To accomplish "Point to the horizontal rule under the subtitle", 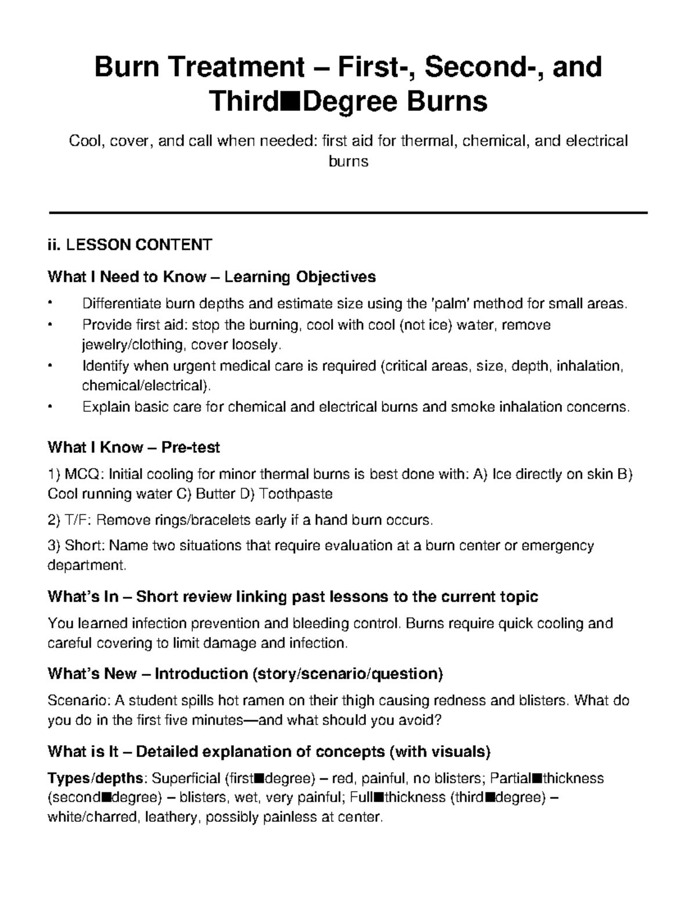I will tap(348, 213).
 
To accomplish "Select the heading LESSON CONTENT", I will tap(139, 245).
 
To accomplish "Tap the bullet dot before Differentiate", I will tap(51, 304).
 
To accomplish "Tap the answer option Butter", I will tap(217, 494).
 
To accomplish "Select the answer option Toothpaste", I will tap(296, 494).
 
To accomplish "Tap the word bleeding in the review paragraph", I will tap(317, 623).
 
